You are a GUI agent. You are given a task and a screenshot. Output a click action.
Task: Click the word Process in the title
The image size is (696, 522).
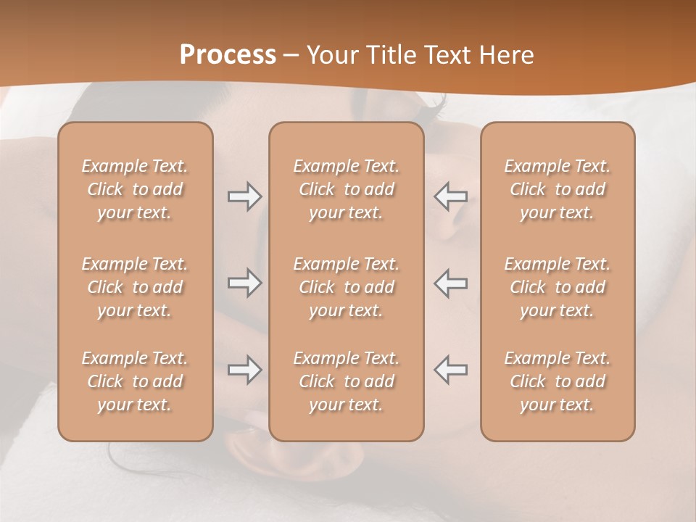tap(228, 54)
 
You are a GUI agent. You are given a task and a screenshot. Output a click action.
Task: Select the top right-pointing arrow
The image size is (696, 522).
tap(244, 196)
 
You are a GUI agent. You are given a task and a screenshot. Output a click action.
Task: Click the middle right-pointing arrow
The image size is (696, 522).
tap(244, 283)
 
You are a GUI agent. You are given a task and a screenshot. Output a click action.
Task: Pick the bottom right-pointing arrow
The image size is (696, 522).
tap(244, 370)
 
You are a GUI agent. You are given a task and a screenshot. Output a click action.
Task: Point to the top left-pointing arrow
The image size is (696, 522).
tap(450, 196)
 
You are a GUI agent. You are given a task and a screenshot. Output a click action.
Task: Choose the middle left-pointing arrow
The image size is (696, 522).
tap(450, 283)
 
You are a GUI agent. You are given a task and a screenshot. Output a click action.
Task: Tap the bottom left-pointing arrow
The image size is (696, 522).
tap(450, 370)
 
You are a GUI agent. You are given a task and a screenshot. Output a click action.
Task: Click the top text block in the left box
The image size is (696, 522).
tap(135, 189)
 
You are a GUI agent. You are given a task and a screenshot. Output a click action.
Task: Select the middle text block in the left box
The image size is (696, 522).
tap(135, 287)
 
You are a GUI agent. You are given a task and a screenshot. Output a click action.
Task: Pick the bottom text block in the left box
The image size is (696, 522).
tap(135, 381)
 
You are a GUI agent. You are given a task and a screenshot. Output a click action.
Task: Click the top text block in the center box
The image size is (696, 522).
tap(346, 189)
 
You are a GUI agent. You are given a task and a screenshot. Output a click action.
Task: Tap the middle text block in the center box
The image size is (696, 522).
tap(346, 287)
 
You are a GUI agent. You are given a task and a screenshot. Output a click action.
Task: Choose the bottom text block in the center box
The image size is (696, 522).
tap(346, 381)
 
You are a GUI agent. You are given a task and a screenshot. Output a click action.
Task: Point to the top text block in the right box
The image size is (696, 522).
tap(558, 189)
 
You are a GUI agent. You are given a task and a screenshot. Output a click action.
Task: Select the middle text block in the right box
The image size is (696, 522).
tap(558, 287)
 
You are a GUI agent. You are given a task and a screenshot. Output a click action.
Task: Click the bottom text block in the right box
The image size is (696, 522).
tap(558, 381)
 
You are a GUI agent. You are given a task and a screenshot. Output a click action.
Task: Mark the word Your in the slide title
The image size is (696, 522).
tap(331, 54)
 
